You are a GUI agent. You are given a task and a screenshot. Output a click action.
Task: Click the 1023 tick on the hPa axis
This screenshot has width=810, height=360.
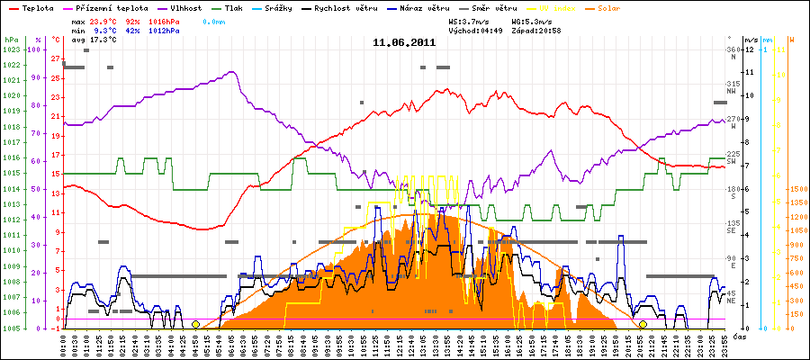[12, 49]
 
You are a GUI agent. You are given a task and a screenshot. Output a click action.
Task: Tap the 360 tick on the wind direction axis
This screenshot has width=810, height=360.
[733, 49]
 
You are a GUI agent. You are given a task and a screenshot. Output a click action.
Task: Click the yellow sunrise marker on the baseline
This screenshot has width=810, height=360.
[195, 324]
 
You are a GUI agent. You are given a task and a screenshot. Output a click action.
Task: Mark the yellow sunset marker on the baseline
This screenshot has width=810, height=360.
[643, 324]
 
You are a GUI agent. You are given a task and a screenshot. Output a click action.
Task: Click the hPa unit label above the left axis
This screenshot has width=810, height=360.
[10, 40]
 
